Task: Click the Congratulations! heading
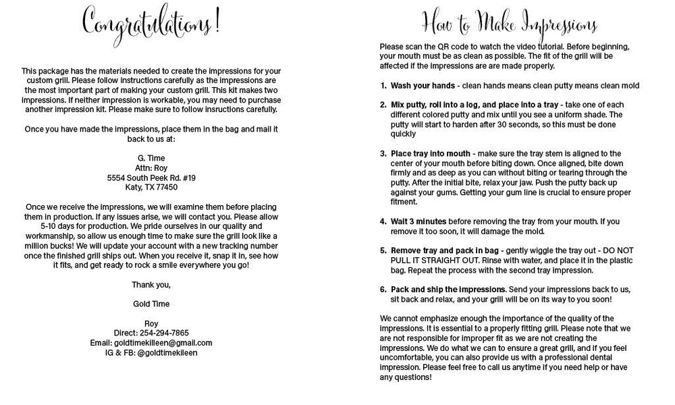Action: pos(151,24)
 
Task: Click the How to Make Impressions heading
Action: pos(510,25)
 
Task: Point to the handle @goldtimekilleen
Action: pos(167,352)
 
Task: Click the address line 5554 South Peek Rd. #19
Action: pos(151,178)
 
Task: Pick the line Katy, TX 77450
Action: pos(151,188)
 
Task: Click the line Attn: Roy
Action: pos(151,168)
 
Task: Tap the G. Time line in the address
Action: pos(151,159)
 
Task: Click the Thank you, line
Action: pos(151,284)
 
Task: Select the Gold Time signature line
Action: pos(151,304)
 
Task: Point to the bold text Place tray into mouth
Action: pos(431,154)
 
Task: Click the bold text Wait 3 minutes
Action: pos(418,221)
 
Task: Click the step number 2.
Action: pos(383,105)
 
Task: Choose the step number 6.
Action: pos(383,289)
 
